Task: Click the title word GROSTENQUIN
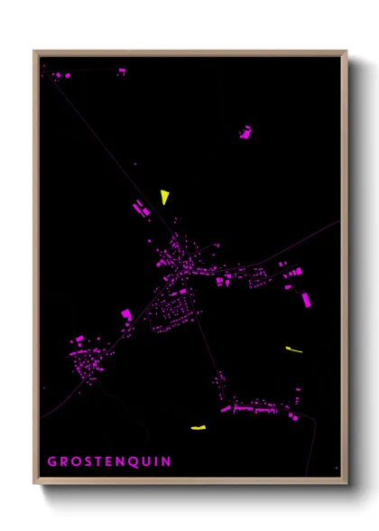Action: pyautogui.click(x=108, y=461)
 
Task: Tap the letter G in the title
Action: pyautogui.click(x=51, y=461)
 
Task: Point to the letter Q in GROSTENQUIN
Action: pyautogui.click(x=133, y=461)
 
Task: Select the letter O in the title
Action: pyautogui.click(x=75, y=461)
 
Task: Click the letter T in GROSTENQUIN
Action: pyautogui.click(x=97, y=461)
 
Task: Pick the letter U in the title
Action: pyautogui.click(x=145, y=461)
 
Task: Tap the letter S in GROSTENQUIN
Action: pyautogui.click(x=87, y=461)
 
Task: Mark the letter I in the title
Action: pyautogui.click(x=155, y=461)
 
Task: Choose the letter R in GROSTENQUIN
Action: pyautogui.click(x=63, y=461)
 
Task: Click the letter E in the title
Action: pyautogui.click(x=108, y=461)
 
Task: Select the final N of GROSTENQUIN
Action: pyautogui.click(x=165, y=461)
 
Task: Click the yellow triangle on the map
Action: pyautogui.click(x=164, y=196)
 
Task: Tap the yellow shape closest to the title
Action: pyautogui.click(x=199, y=426)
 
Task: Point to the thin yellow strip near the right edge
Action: pyautogui.click(x=293, y=349)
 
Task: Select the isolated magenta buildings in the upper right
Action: pyautogui.click(x=245, y=132)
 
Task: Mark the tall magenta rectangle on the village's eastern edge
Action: pyautogui.click(x=305, y=299)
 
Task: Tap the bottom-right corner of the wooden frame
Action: pyautogui.click(x=346, y=483)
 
